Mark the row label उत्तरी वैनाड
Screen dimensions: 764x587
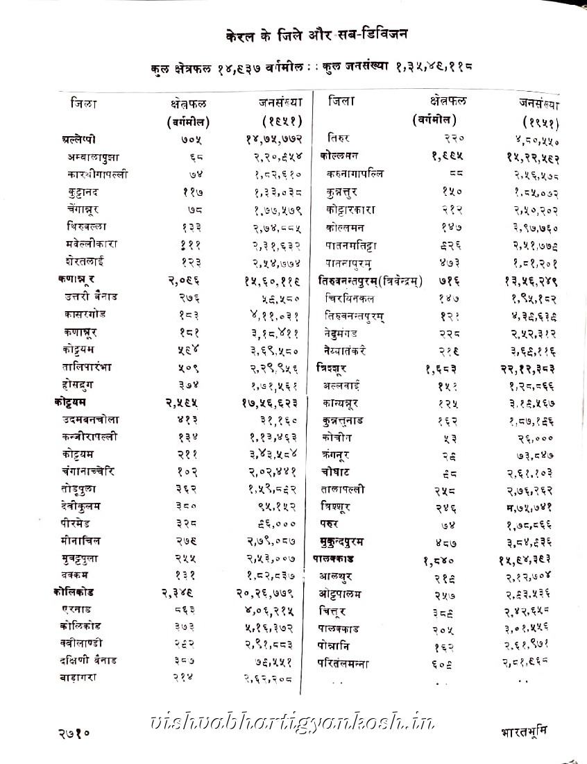(92, 297)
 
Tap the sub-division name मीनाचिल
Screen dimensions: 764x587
(85, 540)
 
